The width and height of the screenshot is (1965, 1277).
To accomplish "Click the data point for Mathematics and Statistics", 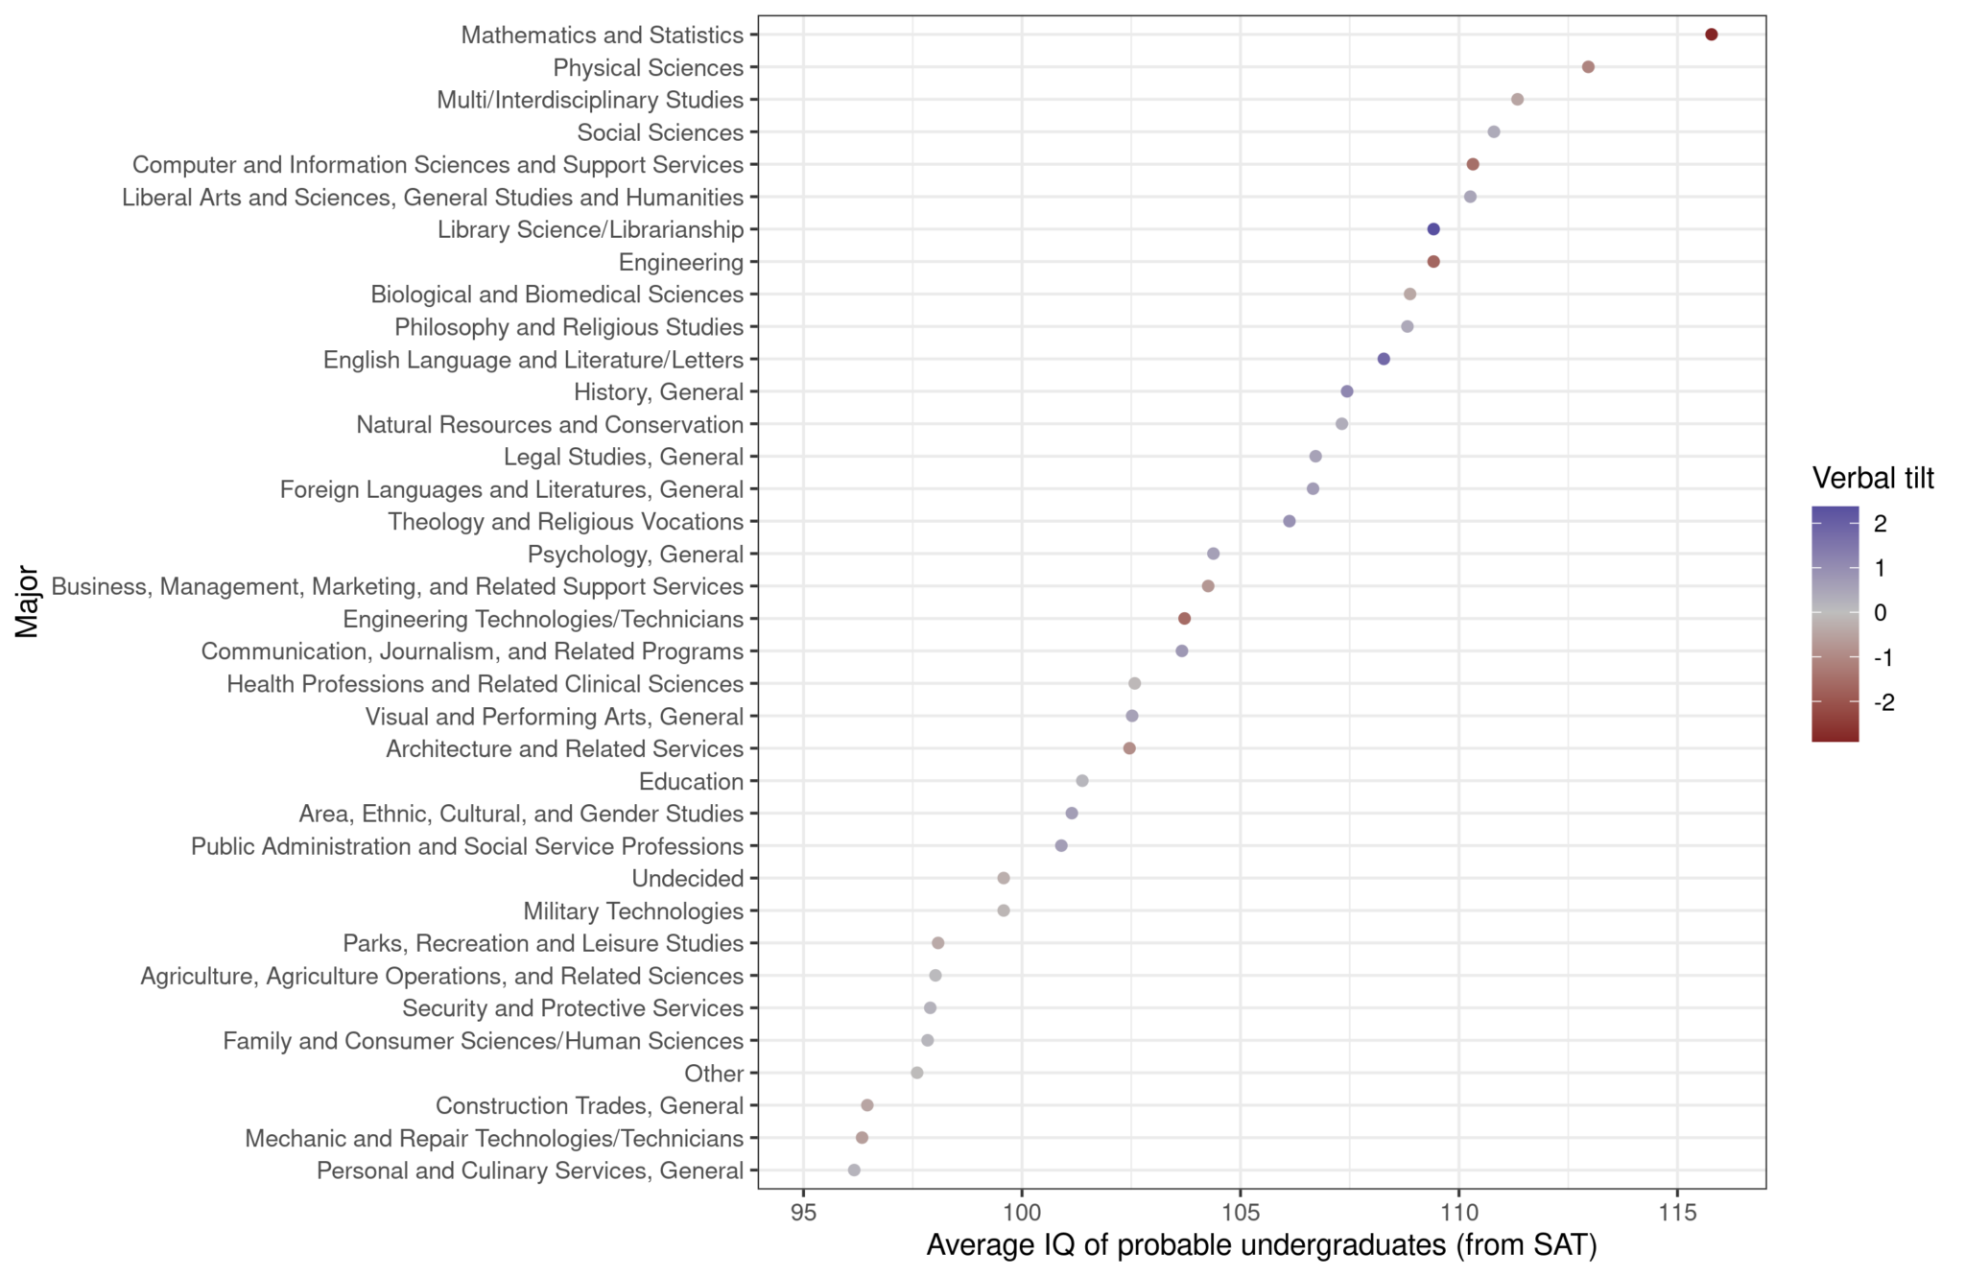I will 1711,35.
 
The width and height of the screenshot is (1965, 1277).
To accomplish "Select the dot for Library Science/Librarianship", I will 1433,229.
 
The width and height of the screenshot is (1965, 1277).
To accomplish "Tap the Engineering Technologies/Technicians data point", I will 1184,619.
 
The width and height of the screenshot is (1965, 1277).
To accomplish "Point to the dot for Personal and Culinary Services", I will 854,1171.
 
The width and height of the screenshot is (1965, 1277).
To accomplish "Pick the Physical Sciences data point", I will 1588,67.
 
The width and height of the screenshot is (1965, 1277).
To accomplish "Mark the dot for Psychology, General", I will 1213,554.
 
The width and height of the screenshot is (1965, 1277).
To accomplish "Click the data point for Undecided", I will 1004,878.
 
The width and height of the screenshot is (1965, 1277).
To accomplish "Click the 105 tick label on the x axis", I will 1240,1212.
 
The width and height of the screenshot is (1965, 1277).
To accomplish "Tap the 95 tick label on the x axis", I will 803,1212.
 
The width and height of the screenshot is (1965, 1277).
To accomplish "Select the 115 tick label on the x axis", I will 1677,1212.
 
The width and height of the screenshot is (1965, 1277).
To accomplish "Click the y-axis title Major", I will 27,602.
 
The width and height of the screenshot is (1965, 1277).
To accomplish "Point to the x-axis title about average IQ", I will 1261,1245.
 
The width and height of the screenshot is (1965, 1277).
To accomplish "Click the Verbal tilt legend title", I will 1872,478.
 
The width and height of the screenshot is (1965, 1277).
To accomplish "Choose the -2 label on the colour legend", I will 1883,703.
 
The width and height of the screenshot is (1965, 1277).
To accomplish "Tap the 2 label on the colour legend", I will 1880,524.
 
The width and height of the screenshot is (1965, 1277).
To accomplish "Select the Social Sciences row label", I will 660,132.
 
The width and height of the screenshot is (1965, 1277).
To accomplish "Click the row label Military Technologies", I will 633,910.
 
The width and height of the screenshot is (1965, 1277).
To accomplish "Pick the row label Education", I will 691,781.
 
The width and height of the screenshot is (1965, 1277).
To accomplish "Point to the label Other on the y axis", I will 714,1074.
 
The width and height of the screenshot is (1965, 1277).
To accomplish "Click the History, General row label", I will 658,391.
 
